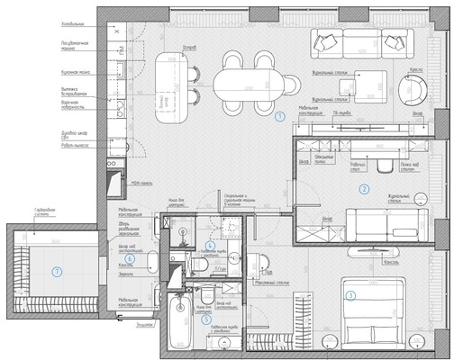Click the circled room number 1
pyautogui.click(x=279, y=116)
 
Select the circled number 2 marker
pyautogui.click(x=364, y=189)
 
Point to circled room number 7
pyautogui.click(x=56, y=271)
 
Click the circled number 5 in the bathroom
pyautogui.click(x=206, y=318)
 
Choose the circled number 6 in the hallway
pyautogui.click(x=130, y=258)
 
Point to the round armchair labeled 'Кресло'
pyautogui.click(x=416, y=88)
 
